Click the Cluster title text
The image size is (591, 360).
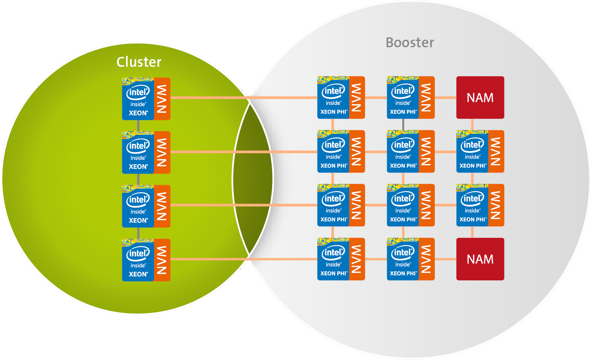(x=139, y=62)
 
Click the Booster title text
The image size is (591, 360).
(x=410, y=43)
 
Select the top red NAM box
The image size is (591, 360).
(x=480, y=98)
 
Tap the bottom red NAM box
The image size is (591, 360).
(x=480, y=259)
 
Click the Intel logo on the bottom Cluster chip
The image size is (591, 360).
(x=138, y=254)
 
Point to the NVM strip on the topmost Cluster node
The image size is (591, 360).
(x=162, y=99)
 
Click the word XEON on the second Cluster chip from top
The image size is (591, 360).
(x=138, y=167)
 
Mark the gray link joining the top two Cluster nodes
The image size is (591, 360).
(x=138, y=126)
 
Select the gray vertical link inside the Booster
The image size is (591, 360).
(x=403, y=124)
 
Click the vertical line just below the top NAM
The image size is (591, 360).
(x=472, y=124)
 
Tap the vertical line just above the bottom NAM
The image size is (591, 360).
(x=472, y=232)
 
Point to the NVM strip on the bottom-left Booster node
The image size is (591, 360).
(x=357, y=259)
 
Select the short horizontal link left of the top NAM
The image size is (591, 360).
(x=445, y=98)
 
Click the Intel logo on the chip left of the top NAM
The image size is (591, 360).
(x=403, y=91)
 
